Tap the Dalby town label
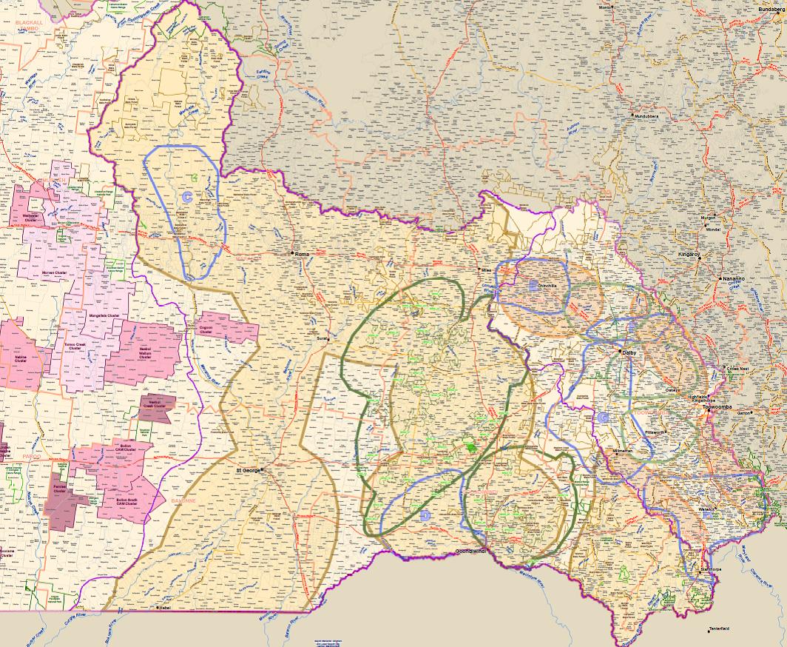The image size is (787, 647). [629, 353]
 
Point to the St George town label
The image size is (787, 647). [249, 470]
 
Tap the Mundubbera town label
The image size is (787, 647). [646, 116]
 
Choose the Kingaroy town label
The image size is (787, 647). [689, 254]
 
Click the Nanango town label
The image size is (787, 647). [733, 278]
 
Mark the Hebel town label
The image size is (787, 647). [164, 607]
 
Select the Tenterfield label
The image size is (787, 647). [719, 629]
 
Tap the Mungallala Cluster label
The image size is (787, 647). [104, 316]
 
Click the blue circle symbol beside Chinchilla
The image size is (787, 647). [533, 285]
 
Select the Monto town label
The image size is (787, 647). [605, 7]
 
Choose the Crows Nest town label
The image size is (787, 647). [737, 368]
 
